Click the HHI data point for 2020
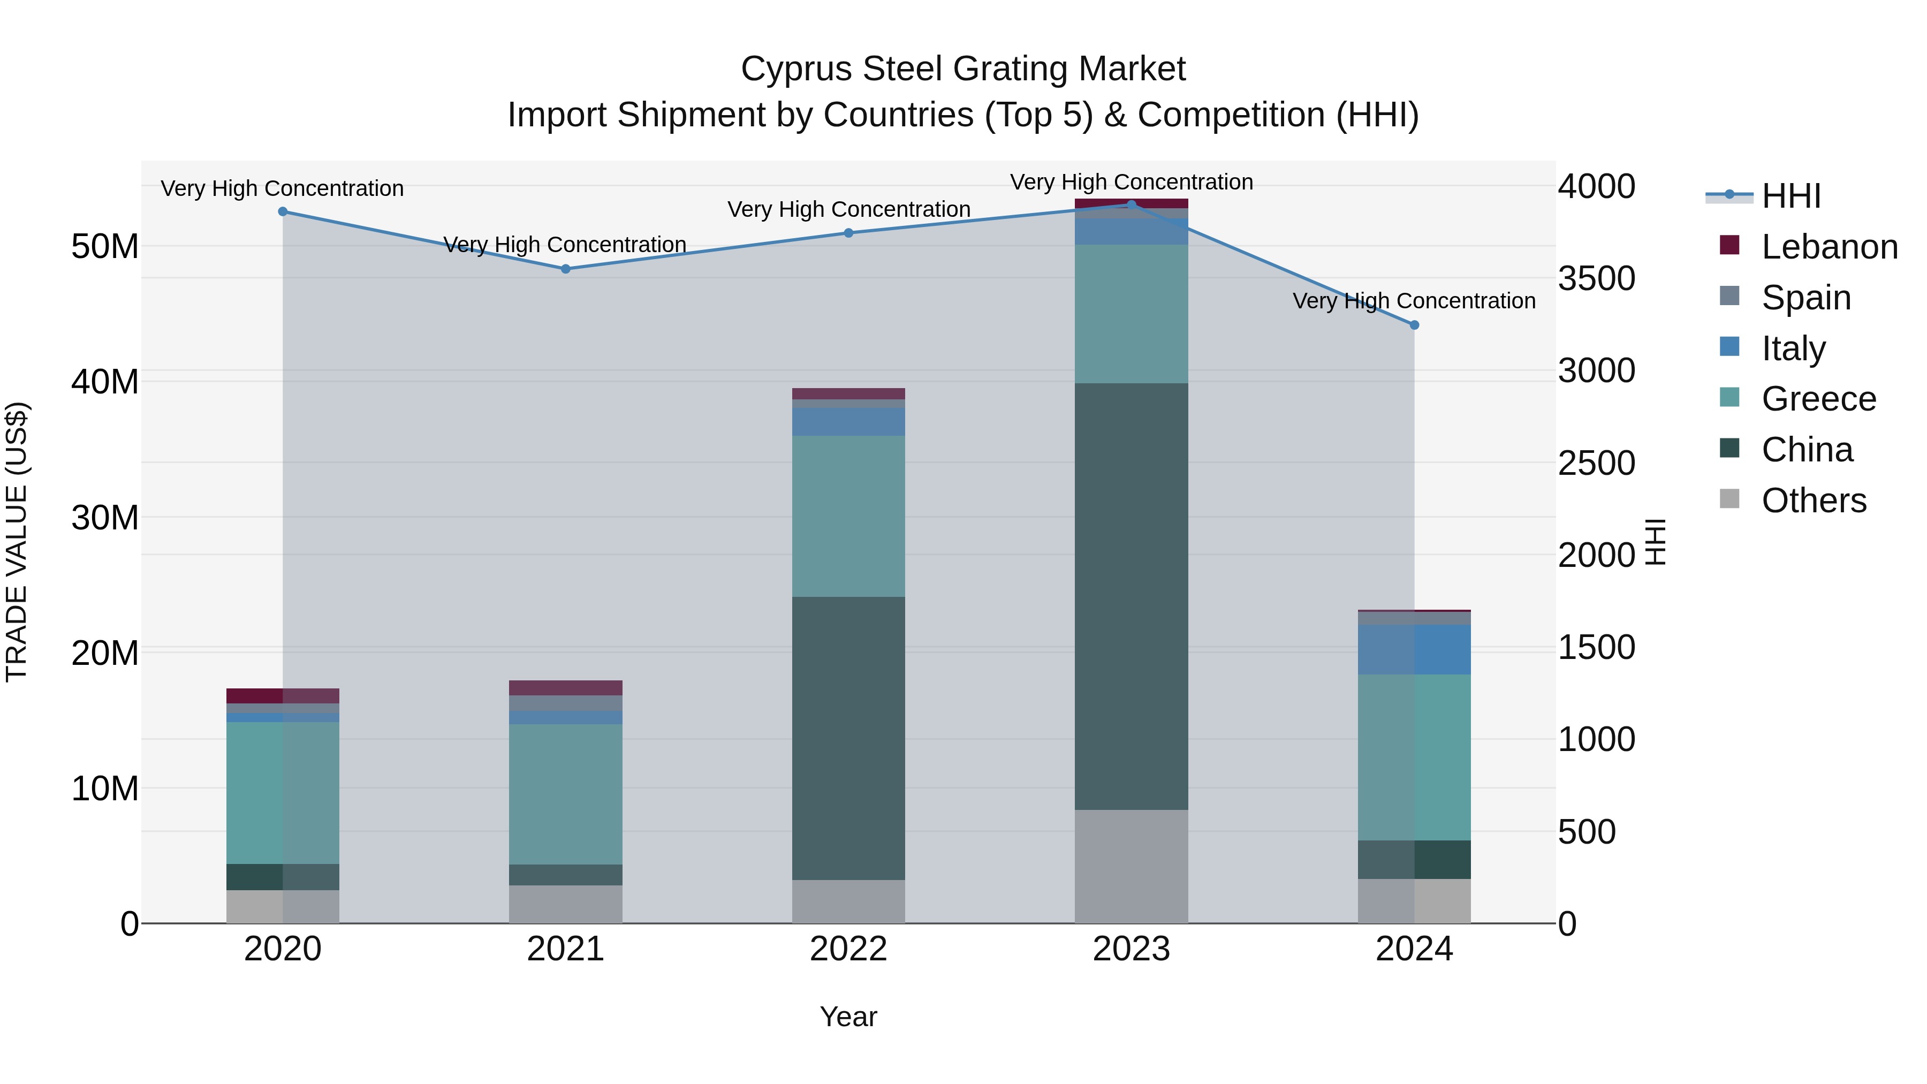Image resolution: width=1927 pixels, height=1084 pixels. pyautogui.click(x=283, y=211)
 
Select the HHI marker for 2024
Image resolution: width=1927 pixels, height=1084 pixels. pyautogui.click(x=1414, y=325)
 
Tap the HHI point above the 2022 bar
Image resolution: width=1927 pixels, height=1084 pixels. pyautogui.click(x=848, y=233)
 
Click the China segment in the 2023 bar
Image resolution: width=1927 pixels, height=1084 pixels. pyautogui.click(x=1131, y=596)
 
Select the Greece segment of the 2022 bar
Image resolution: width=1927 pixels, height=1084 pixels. pyautogui.click(x=848, y=516)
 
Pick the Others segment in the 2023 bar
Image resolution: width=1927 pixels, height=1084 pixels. pyautogui.click(x=1131, y=866)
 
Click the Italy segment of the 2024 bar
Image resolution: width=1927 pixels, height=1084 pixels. pyautogui.click(x=1414, y=649)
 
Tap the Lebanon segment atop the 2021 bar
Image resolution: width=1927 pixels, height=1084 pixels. pyautogui.click(x=566, y=687)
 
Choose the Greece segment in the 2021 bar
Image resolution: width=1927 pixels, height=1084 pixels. pyautogui.click(x=566, y=794)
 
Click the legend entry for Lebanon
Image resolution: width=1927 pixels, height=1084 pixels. pyautogui.click(x=1829, y=247)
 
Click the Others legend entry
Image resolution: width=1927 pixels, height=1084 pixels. pyautogui.click(x=1814, y=501)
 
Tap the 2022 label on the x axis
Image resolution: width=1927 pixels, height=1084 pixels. pyautogui.click(x=848, y=949)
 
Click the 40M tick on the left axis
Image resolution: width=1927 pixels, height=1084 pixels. pyautogui.click(x=105, y=382)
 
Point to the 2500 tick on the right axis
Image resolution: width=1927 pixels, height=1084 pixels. pyautogui.click(x=1596, y=463)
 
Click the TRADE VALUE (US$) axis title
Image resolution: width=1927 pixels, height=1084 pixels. pyautogui.click(x=17, y=542)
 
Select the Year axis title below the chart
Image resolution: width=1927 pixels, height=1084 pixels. pyautogui.click(x=848, y=1017)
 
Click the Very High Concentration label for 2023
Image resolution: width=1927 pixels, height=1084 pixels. pyautogui.click(x=1131, y=182)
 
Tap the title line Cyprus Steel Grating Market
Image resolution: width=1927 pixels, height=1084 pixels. pyautogui.click(x=963, y=69)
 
